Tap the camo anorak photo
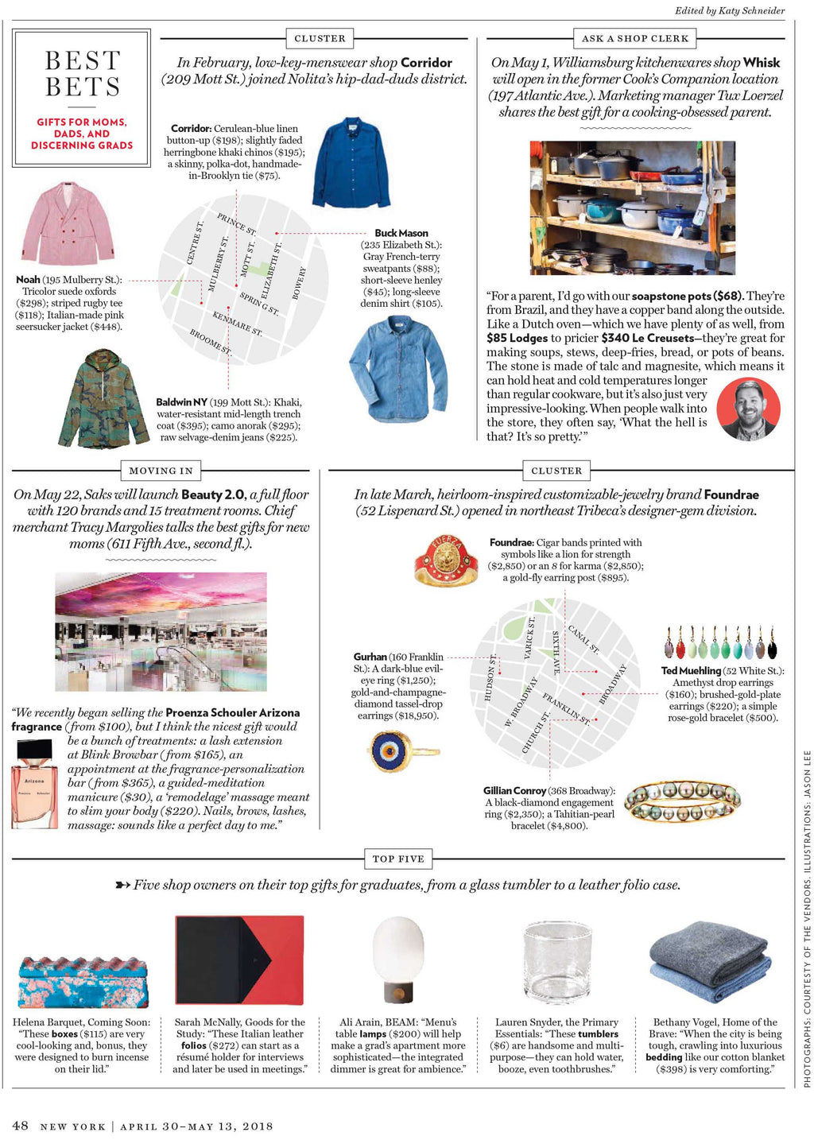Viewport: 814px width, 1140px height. coord(103,397)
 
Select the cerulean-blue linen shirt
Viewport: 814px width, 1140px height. coord(351,162)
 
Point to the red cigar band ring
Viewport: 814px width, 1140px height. coord(447,560)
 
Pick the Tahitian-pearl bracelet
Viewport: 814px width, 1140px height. coord(683,801)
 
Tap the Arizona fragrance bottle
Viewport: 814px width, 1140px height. coord(35,783)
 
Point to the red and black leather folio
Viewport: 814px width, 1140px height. coord(239,960)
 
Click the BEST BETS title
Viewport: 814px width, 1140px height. coord(82,73)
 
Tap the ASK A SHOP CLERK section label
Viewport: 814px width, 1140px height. coord(634,38)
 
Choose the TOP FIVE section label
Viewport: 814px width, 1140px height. coord(398,859)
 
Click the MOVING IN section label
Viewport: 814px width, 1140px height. coord(160,471)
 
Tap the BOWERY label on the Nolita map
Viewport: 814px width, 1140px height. coord(299,283)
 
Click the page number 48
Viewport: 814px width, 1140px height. coord(21,1126)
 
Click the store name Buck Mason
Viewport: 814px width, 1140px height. coord(401,233)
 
